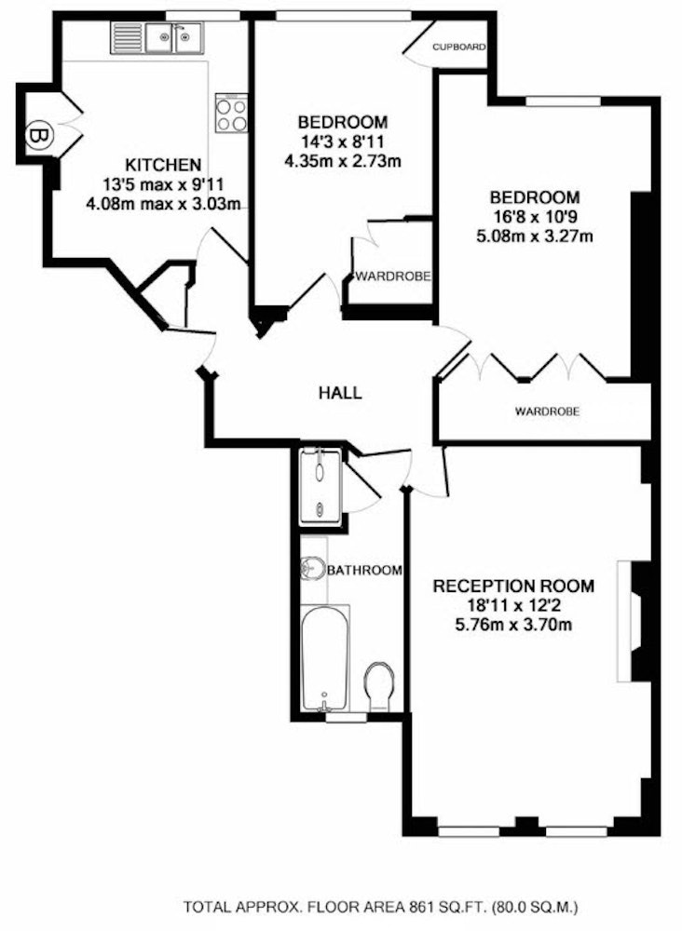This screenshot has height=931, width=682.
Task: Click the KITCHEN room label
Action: (x=163, y=165)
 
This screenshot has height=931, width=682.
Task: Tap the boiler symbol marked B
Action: (x=40, y=136)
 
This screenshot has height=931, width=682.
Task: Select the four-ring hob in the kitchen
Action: (x=231, y=113)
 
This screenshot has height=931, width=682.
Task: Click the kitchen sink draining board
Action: (x=126, y=38)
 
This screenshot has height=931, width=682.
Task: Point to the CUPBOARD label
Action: (x=459, y=47)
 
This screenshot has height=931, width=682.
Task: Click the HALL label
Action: (x=340, y=393)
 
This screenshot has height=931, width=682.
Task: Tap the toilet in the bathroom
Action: (x=379, y=686)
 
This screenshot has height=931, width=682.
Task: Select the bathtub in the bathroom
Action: (x=324, y=658)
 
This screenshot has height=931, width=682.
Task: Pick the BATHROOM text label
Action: (x=365, y=570)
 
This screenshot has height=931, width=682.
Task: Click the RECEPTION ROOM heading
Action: (x=513, y=586)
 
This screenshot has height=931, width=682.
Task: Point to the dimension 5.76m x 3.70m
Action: (x=513, y=625)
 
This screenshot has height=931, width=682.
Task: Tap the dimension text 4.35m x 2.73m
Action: (x=344, y=161)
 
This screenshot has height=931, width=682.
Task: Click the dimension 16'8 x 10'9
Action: (x=534, y=217)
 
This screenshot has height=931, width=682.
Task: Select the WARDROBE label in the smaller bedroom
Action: (x=392, y=277)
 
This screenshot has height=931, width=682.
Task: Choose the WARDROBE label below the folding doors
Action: (x=547, y=411)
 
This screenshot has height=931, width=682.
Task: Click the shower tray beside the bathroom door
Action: (x=321, y=487)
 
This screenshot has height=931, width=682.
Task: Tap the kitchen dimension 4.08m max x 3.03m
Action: (x=163, y=205)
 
